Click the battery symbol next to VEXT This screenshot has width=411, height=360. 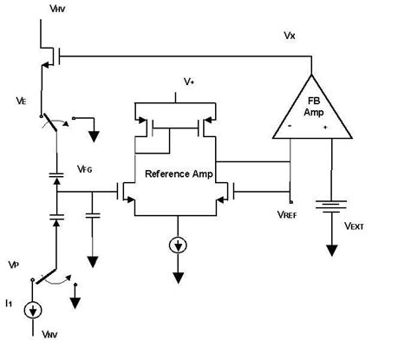click(331, 207)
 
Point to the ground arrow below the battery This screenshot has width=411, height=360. click(331, 247)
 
